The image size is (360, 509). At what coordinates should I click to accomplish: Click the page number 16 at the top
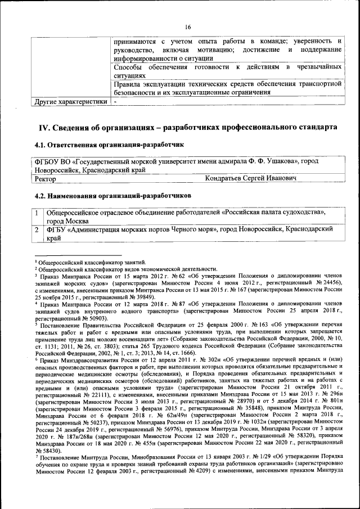(187, 26)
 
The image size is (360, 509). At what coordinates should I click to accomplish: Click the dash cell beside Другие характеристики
(115, 102)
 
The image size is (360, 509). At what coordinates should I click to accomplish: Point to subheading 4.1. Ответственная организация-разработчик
(109, 145)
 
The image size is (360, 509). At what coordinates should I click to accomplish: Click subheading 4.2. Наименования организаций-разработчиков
(112, 195)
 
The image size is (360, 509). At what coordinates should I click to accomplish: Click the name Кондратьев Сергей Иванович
(251, 178)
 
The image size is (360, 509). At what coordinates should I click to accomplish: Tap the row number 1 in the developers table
(37, 213)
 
